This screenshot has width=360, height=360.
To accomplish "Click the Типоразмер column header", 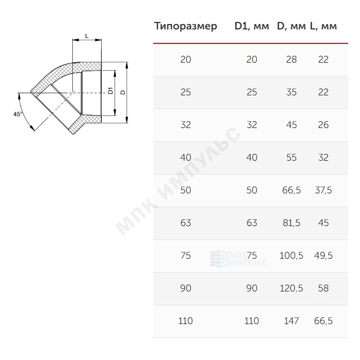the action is pyautogui.click(x=185, y=26).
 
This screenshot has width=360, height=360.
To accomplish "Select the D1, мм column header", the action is pyautogui.click(x=252, y=26).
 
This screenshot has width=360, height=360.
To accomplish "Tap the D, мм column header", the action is pyautogui.click(x=291, y=26).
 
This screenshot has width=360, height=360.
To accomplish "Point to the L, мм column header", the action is pyautogui.click(x=323, y=26).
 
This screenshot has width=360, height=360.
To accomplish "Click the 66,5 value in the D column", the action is pyautogui.click(x=291, y=190).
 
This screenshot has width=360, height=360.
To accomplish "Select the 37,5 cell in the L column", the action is pyautogui.click(x=323, y=190).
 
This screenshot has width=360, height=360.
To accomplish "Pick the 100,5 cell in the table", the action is pyautogui.click(x=291, y=256).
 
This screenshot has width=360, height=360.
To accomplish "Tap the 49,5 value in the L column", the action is pyautogui.click(x=323, y=256).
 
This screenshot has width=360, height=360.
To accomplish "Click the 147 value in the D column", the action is pyautogui.click(x=291, y=321).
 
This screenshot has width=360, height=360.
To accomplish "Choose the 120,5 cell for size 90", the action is pyautogui.click(x=291, y=288).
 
